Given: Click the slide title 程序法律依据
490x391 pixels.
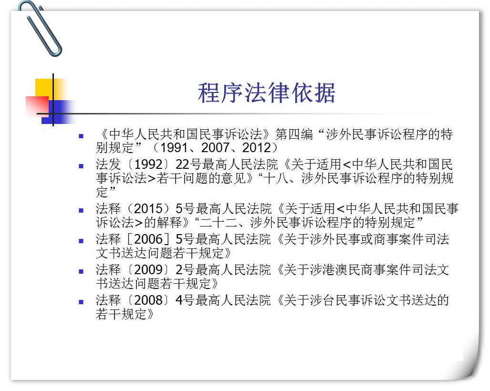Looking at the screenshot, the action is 267,93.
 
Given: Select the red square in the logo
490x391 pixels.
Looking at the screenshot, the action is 37,106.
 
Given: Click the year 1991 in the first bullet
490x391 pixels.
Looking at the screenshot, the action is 173,148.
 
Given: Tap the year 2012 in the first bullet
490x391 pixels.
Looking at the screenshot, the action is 256,148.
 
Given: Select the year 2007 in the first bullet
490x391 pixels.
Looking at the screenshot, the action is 215,148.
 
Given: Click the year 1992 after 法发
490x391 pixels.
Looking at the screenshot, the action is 148,165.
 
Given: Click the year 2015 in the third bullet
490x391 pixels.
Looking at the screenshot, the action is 148,208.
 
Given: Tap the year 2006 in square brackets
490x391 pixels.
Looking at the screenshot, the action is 148,239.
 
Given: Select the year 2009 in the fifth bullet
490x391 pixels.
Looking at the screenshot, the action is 148,270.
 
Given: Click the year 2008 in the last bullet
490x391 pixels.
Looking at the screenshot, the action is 148,300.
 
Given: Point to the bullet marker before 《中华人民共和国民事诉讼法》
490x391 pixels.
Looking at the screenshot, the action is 81,136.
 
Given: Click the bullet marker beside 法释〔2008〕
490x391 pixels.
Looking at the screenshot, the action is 81,302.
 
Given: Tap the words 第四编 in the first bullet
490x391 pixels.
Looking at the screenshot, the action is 294,134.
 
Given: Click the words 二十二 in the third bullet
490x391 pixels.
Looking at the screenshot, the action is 219,222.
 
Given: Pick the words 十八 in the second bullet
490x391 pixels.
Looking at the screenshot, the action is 276,178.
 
